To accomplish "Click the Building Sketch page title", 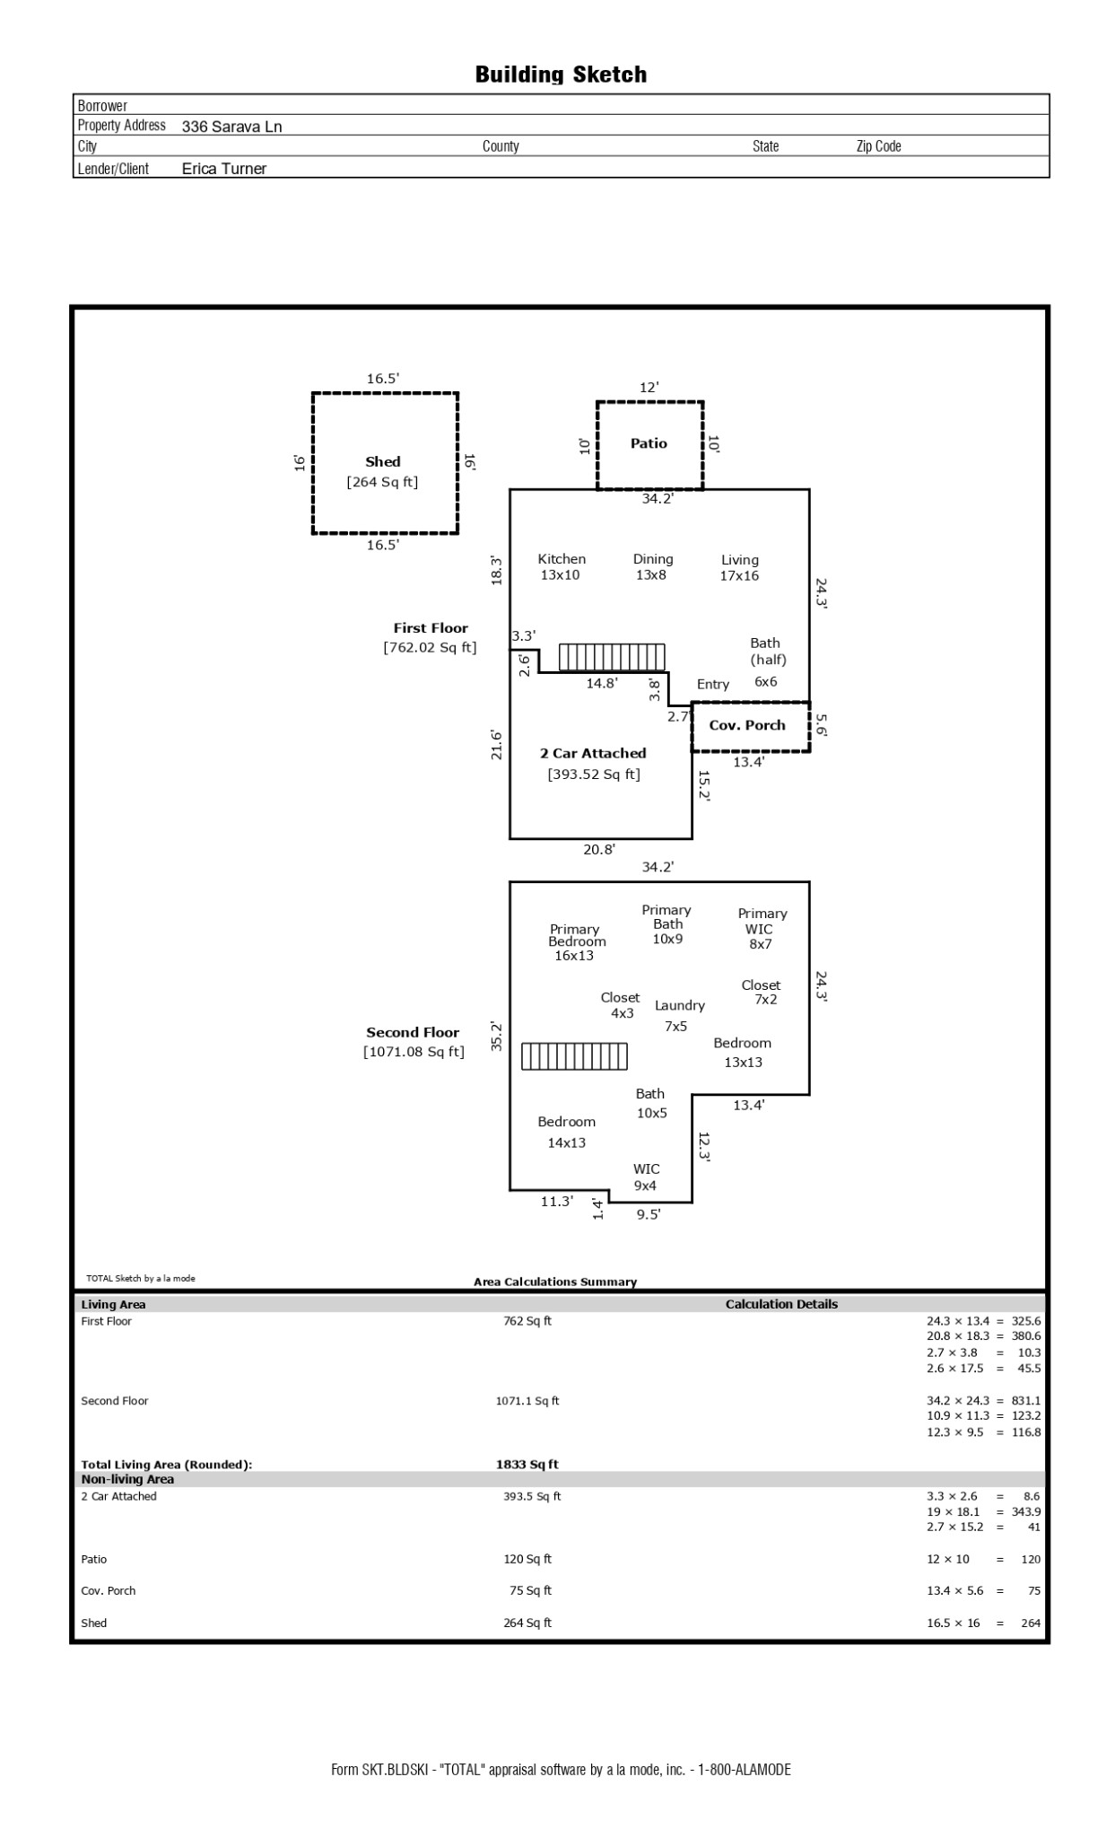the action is pos(561,74).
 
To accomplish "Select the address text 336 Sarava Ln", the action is pos(231,127).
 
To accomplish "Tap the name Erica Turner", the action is pos(224,169).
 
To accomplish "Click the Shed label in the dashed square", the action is pos(382,462).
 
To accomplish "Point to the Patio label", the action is pos(649,443).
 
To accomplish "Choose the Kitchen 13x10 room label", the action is pos(562,567).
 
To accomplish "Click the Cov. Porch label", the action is pos(747,725).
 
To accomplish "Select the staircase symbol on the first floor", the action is pos(612,657).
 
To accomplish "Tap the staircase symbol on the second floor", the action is pos(574,1056).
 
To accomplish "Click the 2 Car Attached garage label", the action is pos(593,754).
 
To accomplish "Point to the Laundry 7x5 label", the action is pos(679,1016).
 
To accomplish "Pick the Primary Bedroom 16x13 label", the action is pos(576,942).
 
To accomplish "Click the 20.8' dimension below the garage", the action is pos(599,849).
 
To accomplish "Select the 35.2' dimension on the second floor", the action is pos(496,1037).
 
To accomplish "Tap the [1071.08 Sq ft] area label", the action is pos(414,1052).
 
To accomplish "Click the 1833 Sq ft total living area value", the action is pos(527,1465).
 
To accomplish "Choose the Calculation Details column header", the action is pos(781,1305).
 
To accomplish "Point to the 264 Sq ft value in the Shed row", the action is pos(527,1623).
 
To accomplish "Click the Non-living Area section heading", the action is pos(127,1479).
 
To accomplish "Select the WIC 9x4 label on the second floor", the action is pos(646,1177).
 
